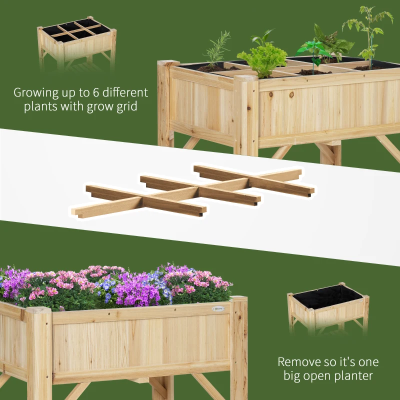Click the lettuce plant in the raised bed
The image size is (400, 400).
262,59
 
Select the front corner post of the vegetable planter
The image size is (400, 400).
246,115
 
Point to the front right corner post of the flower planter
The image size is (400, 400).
238,345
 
